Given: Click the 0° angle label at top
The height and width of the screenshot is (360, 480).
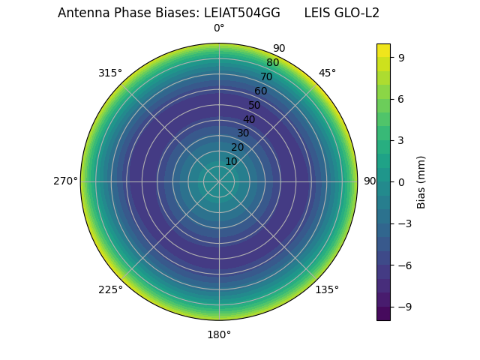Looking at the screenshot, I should [219, 28].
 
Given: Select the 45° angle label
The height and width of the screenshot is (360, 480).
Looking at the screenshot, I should [327, 73].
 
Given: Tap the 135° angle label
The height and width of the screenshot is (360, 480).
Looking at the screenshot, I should [327, 289].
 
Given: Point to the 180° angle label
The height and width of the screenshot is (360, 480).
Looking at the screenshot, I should [219, 334].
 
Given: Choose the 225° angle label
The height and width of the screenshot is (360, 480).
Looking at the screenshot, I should [110, 289].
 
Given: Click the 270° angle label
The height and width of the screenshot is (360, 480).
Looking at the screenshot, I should [65, 181].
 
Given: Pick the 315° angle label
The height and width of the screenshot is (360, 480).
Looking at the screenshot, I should [110, 73].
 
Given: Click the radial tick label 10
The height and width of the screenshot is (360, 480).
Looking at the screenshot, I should [231, 161].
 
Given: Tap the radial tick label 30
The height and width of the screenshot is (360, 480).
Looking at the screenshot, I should [243, 133].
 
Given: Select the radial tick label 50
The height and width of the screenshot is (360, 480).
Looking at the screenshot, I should [255, 105].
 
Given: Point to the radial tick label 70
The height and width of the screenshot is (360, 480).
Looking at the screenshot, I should [266, 76].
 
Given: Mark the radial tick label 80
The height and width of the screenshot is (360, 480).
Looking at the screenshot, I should [272, 63].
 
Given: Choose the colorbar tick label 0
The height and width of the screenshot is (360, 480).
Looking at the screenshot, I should [401, 181].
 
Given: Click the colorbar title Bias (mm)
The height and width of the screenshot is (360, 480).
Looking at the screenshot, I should [421, 181].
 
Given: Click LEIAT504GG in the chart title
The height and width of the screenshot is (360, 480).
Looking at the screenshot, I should [242, 13].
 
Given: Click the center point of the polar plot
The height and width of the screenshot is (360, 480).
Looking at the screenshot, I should [219, 181].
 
